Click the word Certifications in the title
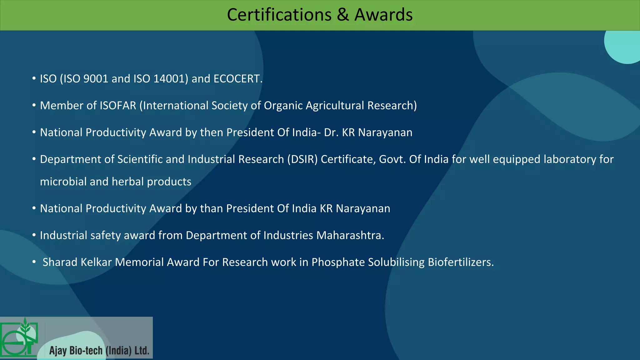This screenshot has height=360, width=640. pos(279,15)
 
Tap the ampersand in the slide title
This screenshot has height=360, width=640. pos(343,15)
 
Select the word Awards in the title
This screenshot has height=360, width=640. pos(383,15)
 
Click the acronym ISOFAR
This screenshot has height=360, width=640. pos(118,106)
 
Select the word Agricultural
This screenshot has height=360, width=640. pos(335,106)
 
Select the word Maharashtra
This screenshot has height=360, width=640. pos(350,235)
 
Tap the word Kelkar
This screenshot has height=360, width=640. pos(96,262)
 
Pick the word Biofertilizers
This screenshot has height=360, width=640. pos(461,262)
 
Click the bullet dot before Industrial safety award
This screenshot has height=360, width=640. pos(34,235)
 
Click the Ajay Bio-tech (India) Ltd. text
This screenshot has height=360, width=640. pos(99,351)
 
